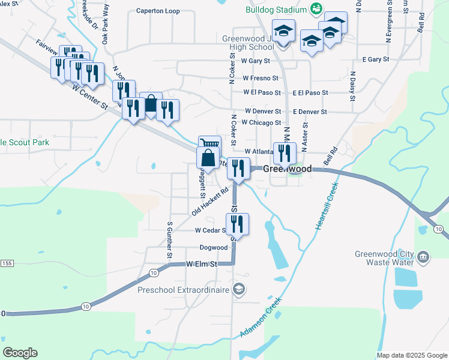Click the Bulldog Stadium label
point(276,10)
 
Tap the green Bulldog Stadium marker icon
point(315,9)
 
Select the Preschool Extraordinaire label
point(183,290)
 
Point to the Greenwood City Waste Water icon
point(423,257)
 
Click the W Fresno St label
point(261,78)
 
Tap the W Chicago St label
point(261,122)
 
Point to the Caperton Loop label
point(158,11)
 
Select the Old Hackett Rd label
point(211,201)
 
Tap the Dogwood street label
point(214,248)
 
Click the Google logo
point(20,353)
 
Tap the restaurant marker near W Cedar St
point(237,224)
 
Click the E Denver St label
point(310,112)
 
